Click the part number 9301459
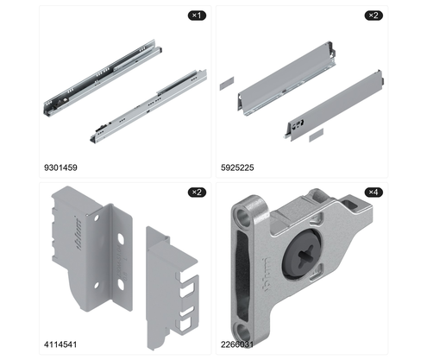tap(60, 167)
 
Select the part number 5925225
tap(237, 167)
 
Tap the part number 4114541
tap(60, 344)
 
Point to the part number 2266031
tap(237, 344)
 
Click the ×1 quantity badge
tap(197, 16)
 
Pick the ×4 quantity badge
tap(374, 192)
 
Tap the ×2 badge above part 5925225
tap(374, 16)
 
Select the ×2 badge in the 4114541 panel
tap(197, 192)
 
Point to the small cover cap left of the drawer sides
tap(227, 84)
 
